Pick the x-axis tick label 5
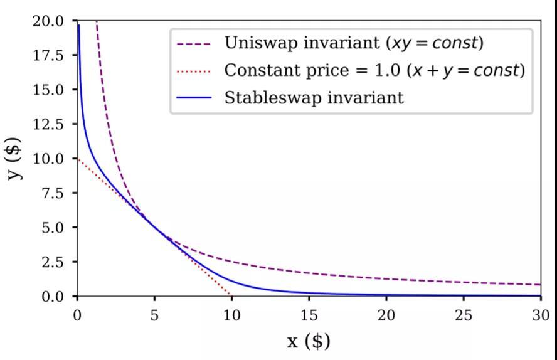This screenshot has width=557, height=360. click(154, 315)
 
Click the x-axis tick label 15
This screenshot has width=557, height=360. click(309, 315)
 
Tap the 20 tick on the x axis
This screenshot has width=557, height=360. click(386, 315)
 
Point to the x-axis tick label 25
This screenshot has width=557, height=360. click(464, 315)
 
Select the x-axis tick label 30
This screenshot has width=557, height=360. click(541, 315)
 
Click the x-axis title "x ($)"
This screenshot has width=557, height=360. click(309, 341)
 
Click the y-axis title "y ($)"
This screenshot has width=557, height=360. click(15, 158)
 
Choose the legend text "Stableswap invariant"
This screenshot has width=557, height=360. click(314, 98)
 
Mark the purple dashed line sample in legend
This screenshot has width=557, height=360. click(194, 44)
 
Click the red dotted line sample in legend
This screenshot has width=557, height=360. click(194, 71)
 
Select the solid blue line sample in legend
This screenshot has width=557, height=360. click(194, 98)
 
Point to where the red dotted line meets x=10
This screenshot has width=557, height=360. click(231, 295)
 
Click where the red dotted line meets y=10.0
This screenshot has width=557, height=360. click(78, 158)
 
